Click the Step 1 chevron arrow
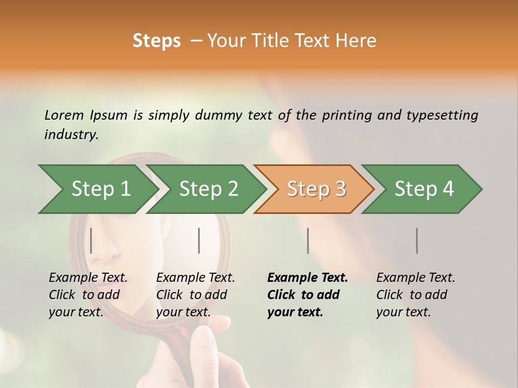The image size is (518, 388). (x=97, y=189)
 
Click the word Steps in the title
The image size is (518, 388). (x=156, y=41)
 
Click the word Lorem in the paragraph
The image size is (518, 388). (x=64, y=115)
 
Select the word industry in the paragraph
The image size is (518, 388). (x=71, y=134)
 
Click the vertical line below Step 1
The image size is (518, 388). (x=91, y=240)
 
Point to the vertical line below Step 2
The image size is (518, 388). (x=199, y=240)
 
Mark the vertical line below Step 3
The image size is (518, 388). (x=308, y=240)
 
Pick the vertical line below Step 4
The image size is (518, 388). (x=417, y=240)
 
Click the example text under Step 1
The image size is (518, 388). (x=88, y=295)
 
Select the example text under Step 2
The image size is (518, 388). (x=195, y=295)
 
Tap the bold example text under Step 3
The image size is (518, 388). (x=307, y=295)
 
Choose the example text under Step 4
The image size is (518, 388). (x=415, y=295)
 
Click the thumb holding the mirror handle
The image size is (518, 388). (x=204, y=339)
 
